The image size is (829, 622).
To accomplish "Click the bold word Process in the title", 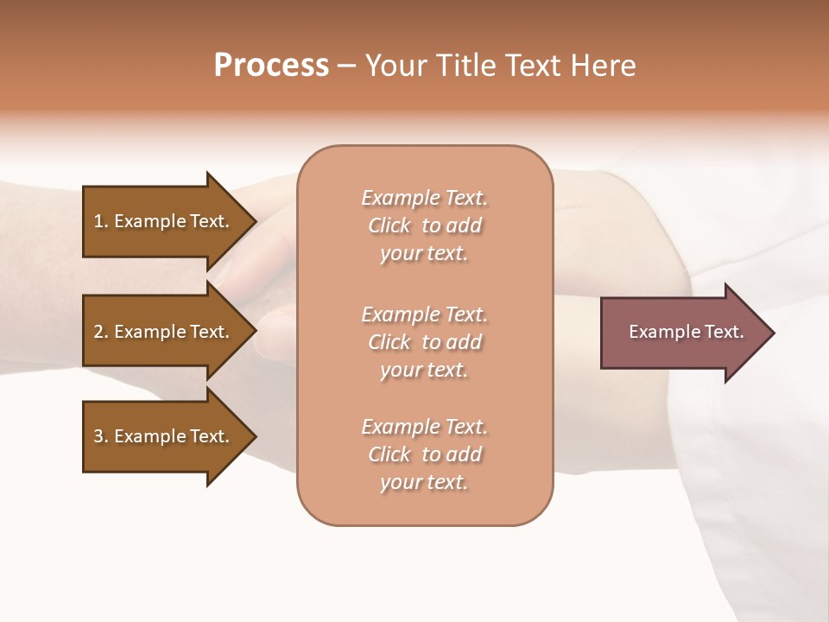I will (271, 66).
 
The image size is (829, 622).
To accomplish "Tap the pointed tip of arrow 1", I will (254, 221).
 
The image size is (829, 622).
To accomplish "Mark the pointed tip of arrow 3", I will (254, 436).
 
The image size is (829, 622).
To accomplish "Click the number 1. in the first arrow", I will (101, 221).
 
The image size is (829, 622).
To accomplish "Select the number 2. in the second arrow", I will (101, 332).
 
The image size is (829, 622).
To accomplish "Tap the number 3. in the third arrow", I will (101, 436).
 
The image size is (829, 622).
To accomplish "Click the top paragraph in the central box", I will (425, 225).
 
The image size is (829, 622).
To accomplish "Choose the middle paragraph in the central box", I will (425, 342).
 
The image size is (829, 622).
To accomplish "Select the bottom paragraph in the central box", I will (425, 454).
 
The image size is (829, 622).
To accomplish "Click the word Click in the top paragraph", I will (389, 225).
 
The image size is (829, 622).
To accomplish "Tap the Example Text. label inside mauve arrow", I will (686, 332).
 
